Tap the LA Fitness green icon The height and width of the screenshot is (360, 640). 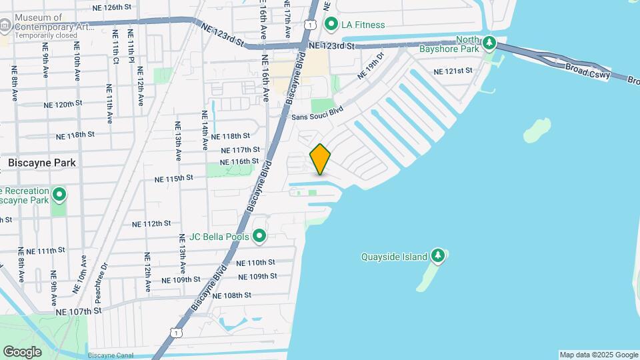point(331,25)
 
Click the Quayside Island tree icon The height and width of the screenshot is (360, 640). point(438,256)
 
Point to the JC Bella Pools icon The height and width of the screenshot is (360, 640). point(259,236)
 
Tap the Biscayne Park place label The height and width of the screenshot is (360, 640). point(42,163)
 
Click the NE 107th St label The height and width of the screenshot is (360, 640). point(79,311)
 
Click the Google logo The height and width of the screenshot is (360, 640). point(22,351)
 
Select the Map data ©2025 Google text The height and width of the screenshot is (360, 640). point(598,355)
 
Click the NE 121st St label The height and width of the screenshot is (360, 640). point(453,71)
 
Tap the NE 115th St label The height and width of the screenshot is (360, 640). point(173,179)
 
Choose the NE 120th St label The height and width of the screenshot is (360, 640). point(63,105)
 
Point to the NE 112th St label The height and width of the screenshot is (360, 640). point(151,224)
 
